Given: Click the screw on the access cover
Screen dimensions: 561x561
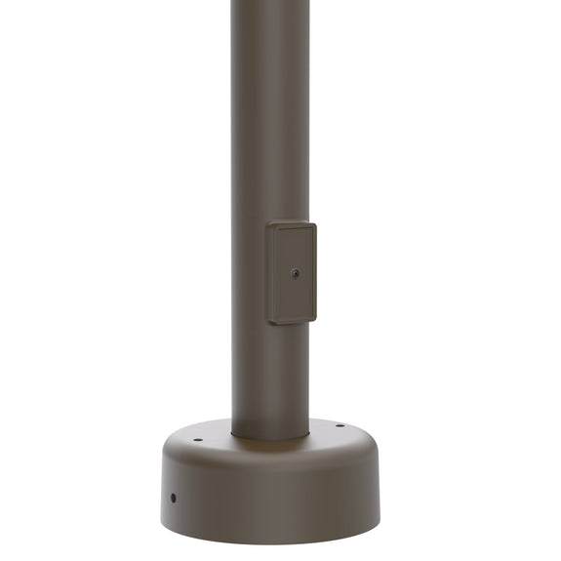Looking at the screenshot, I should point(296,273).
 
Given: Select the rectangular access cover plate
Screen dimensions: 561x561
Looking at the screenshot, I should point(293,272).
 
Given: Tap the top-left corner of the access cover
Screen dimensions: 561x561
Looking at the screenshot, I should point(268,224).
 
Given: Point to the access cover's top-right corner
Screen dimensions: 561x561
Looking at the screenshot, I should point(315,223).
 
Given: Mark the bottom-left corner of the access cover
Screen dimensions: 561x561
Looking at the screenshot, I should point(269,323).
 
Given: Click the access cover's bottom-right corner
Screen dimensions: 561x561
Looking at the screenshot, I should point(315,319).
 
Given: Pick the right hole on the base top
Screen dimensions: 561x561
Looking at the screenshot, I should point(341,424).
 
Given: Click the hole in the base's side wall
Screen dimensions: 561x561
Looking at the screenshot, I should point(174,498).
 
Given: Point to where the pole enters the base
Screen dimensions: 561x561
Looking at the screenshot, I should point(270,435).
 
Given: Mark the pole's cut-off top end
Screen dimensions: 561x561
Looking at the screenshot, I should point(270,3).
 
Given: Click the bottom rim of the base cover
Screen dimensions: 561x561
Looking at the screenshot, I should point(273,540).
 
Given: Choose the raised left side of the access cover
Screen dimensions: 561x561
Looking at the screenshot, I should point(270,274).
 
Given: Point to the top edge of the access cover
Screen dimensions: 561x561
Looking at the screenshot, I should point(292,223).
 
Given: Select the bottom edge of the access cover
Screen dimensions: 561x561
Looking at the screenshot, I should point(293,322).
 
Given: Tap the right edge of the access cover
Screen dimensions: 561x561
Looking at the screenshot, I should point(315,272).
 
